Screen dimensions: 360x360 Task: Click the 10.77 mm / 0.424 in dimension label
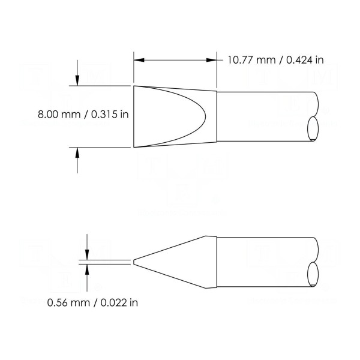(275, 60)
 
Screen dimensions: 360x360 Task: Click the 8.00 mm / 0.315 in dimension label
(83, 115)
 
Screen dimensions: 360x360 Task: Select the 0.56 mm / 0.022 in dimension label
(92, 302)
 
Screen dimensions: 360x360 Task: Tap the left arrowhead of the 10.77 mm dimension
(139, 60)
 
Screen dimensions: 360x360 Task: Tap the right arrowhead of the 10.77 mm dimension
(211, 60)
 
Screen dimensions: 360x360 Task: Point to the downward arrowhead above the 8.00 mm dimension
(77, 80)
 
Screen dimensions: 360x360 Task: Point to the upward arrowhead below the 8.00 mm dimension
(77, 152)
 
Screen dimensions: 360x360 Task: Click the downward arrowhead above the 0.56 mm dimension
(87, 255)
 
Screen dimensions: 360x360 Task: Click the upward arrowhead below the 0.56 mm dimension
(87, 269)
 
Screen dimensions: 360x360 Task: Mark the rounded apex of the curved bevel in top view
(205, 116)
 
